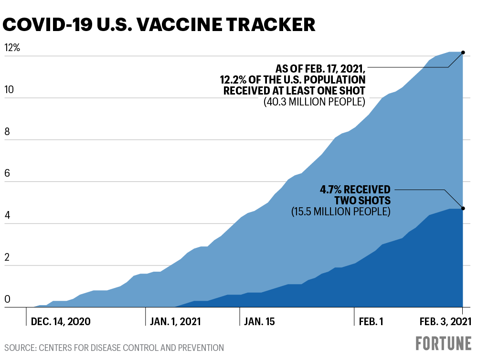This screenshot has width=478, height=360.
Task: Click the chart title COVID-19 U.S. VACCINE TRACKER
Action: tap(160, 25)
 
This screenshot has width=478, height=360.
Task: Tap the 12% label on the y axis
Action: tap(11, 48)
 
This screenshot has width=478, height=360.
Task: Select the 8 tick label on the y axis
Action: tap(7, 132)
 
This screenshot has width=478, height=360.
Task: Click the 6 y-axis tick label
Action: tap(7, 174)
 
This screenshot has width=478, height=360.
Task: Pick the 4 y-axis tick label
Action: tap(7, 215)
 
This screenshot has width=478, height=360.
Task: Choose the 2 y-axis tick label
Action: tap(7, 257)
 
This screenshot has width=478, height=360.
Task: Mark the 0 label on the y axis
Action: tap(7, 299)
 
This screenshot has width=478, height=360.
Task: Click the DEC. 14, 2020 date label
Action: tap(61, 321)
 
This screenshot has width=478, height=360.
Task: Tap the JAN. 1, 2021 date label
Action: tap(175, 321)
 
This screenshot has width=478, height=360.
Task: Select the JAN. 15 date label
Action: tap(259, 321)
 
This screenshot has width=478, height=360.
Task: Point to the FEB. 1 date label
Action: tap(371, 321)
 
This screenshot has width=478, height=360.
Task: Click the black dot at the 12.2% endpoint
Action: tap(463, 52)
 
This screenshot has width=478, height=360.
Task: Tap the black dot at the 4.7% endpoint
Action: tap(463, 208)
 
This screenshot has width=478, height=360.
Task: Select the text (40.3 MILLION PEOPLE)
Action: tap(314, 102)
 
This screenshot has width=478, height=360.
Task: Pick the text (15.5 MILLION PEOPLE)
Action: tap(340, 211)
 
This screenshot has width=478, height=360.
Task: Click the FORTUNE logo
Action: tap(443, 344)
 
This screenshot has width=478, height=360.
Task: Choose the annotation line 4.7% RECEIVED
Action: tap(355, 189)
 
